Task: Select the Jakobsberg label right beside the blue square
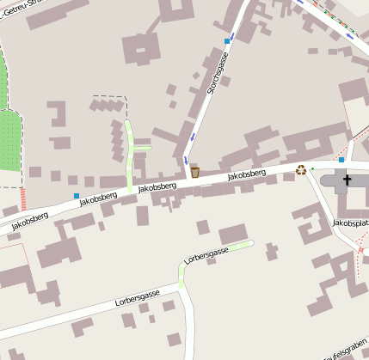click(97, 198)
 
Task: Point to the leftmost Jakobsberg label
click(30, 220)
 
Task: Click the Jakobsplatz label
click(351, 223)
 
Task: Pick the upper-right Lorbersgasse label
click(207, 254)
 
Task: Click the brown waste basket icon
click(195, 173)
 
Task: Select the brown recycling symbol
click(301, 169)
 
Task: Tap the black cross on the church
click(347, 180)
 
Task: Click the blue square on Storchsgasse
click(227, 40)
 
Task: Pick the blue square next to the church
click(341, 160)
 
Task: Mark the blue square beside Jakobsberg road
click(77, 197)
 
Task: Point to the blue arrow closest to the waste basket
click(185, 161)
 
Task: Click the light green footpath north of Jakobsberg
click(130, 155)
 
